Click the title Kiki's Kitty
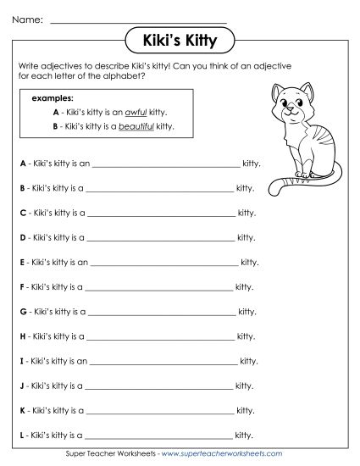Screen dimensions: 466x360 180,39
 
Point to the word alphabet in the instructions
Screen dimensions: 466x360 115,75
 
